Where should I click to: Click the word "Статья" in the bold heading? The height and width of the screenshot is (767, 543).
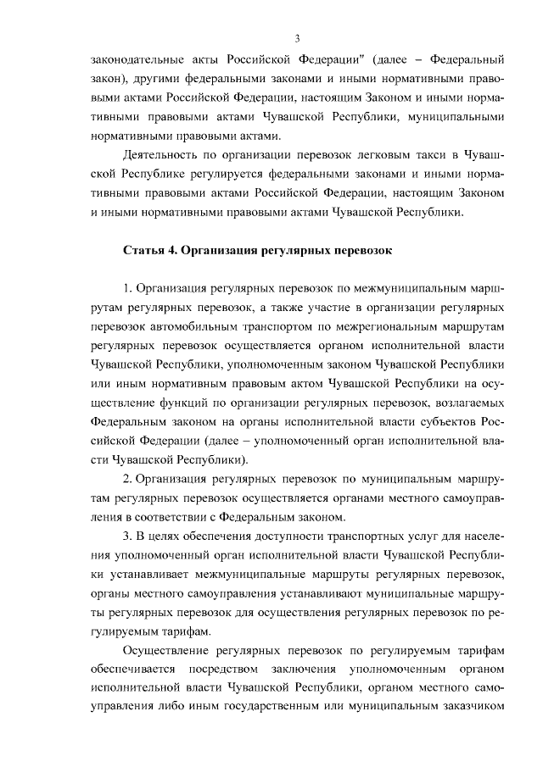[x=144, y=252]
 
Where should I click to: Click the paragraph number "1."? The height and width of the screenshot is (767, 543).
[x=128, y=290]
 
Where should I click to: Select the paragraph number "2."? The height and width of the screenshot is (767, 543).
[x=128, y=479]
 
